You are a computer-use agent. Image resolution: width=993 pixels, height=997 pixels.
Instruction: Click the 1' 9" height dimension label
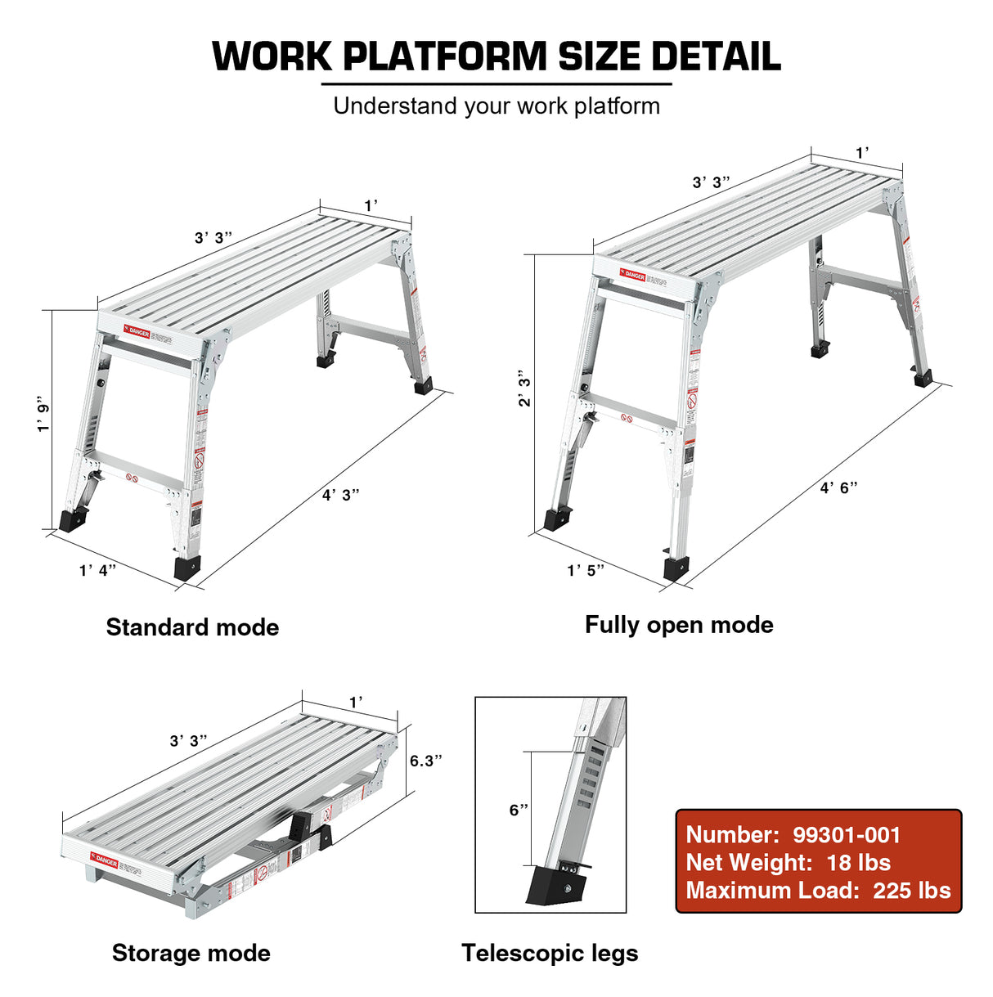tap(44, 415)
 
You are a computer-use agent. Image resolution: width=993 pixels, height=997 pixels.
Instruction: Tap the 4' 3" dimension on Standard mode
tap(340, 495)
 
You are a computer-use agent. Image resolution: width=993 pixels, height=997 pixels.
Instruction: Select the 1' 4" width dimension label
tap(97, 570)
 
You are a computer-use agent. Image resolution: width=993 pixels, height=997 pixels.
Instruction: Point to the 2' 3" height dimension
tap(524, 388)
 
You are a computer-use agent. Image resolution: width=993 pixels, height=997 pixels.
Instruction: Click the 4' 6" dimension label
tap(839, 487)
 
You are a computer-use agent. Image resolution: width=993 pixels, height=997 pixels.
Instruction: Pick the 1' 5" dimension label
tap(586, 570)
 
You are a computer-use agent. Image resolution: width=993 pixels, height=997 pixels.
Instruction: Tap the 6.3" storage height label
tap(425, 761)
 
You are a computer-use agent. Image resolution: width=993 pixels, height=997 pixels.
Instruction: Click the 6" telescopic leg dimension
tap(519, 810)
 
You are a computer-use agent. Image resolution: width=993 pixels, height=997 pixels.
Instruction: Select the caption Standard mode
tap(192, 627)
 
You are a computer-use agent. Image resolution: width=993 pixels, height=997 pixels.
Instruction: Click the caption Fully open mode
tap(679, 625)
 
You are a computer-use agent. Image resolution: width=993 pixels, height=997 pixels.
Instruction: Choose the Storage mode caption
tap(191, 953)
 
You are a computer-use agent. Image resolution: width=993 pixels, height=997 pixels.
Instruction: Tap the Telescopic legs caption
tap(550, 953)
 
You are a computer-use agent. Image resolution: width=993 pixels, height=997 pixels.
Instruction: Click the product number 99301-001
tap(847, 835)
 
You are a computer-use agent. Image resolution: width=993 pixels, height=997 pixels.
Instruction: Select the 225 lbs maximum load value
tap(911, 891)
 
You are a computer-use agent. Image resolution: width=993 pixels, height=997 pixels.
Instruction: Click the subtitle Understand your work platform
tap(496, 106)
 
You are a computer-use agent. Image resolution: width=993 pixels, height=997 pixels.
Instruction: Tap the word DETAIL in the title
tap(715, 56)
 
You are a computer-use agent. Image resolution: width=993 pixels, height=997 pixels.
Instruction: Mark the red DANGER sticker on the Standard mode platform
tap(137, 331)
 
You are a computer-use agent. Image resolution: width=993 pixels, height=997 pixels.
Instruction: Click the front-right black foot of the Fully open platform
tap(676, 568)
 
